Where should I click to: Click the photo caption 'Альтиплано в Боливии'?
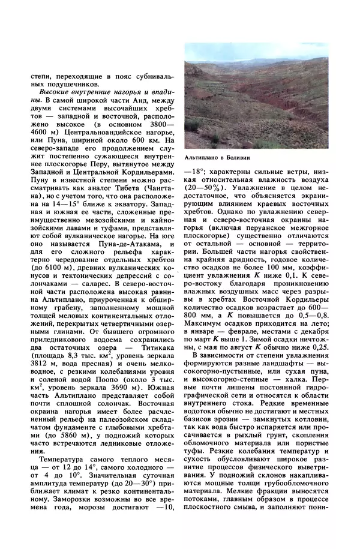pos(217,157)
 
